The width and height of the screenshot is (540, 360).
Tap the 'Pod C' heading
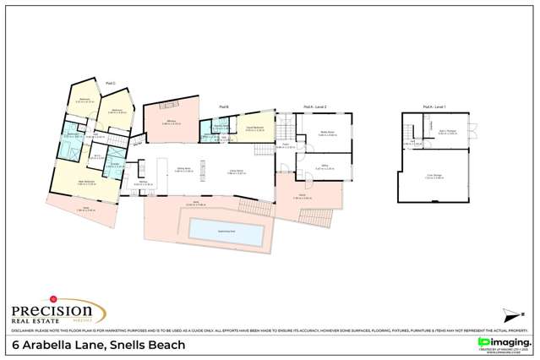point(110,84)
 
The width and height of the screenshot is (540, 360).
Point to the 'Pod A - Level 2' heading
point(315,106)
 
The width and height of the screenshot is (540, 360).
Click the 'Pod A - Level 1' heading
point(434,106)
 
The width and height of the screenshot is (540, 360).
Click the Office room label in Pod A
point(323,167)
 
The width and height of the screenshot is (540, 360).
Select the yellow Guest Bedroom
point(255,129)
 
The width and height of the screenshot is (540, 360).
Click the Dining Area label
point(183,171)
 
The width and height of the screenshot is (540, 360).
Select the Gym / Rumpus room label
point(447,133)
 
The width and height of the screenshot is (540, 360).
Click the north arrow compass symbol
point(510,317)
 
